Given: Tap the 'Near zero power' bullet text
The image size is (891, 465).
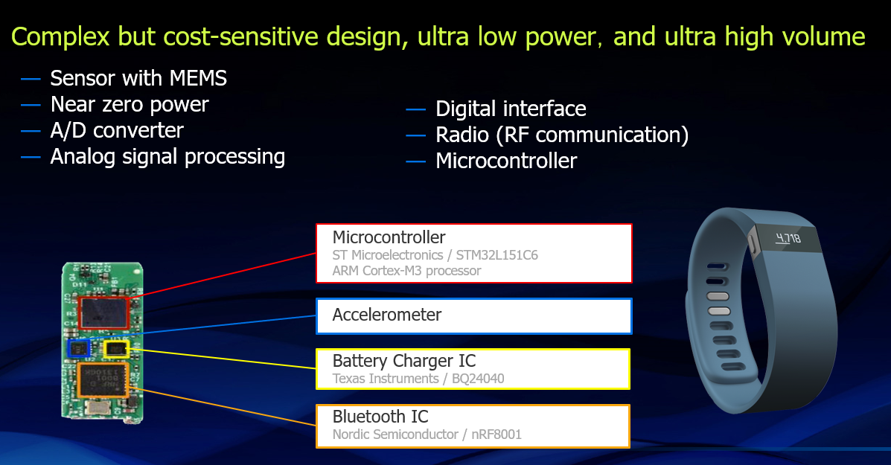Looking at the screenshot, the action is point(130,104).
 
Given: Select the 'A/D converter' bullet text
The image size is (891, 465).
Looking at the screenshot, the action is point(117,131).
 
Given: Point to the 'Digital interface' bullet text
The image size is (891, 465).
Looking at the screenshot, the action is point(511,109).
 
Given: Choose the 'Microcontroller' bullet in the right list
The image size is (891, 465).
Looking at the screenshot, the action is point(506,161).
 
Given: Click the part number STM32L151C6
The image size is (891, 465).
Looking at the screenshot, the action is point(496,255).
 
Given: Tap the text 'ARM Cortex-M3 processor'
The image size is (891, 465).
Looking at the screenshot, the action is point(407,271).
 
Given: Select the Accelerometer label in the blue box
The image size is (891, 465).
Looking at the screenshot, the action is point(387,315).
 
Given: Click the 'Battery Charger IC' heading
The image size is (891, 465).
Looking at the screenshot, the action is point(404,361).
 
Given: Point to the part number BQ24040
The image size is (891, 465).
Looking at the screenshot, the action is point(478,379).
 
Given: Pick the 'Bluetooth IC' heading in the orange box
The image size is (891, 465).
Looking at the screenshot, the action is point(380,416).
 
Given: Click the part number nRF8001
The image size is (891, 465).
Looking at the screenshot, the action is point(496,434).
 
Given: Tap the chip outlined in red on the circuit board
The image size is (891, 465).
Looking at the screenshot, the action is point(103,312).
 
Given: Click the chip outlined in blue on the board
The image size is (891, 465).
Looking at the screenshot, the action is point(79,348).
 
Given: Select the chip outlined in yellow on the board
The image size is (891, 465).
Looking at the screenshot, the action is point(116,349).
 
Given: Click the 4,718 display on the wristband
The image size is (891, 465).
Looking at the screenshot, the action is point(788,238).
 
